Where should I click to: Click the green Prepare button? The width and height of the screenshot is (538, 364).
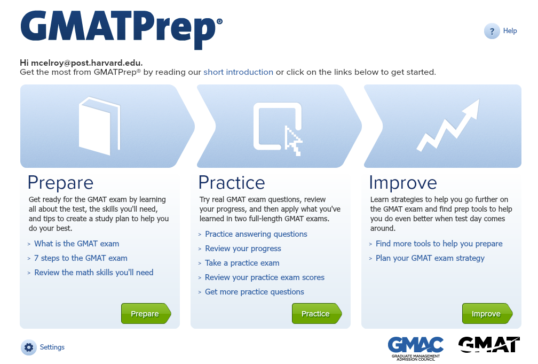pos(146,313)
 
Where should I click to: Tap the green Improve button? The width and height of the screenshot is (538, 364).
pos(487,313)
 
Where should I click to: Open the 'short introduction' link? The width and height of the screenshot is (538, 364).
pos(238,72)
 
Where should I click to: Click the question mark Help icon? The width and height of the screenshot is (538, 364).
pos(492,32)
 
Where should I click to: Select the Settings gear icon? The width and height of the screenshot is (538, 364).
pos(29,347)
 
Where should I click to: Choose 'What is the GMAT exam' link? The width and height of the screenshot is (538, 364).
pos(76,244)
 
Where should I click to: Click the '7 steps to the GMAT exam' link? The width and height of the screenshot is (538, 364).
pos(81,258)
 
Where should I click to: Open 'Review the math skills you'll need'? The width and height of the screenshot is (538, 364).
pos(94,273)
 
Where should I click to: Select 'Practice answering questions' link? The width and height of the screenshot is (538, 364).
pos(256,234)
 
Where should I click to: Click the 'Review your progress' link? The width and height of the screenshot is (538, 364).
pos(243,249)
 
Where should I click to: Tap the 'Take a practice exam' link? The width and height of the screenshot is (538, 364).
pos(242,263)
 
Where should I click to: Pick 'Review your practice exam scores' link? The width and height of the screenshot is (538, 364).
pos(265,277)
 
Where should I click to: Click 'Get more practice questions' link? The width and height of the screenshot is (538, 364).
pos(254,292)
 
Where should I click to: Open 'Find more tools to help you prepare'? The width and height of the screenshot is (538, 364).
pos(439,244)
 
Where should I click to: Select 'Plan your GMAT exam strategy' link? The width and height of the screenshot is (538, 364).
pos(430,258)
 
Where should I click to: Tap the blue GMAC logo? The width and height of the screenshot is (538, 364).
pos(415,348)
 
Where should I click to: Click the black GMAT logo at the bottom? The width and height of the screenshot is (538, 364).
pos(489,345)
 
